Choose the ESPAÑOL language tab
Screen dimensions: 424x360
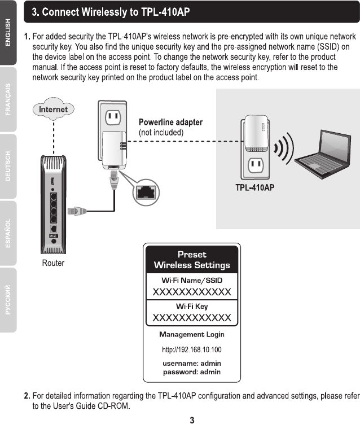click(x=8, y=233)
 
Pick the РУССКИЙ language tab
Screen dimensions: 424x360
click(x=8, y=300)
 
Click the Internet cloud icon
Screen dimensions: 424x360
click(x=53, y=110)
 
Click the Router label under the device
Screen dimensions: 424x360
click(x=53, y=263)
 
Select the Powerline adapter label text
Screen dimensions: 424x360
click(x=170, y=122)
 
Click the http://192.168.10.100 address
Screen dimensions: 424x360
click(x=192, y=350)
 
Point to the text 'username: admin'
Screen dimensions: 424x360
click(x=192, y=363)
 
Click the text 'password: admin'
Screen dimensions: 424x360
click(x=192, y=372)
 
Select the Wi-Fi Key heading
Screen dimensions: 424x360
click(x=192, y=306)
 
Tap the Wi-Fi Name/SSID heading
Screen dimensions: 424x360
click(x=192, y=280)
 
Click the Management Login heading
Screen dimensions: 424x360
click(x=192, y=335)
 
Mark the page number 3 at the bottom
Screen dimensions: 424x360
click(x=192, y=419)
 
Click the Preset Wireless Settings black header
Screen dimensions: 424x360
click(x=192, y=259)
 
